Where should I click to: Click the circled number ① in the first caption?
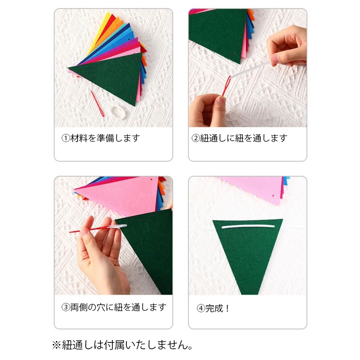point(66,138)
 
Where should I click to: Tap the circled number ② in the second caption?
point(196,138)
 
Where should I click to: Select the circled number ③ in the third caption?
point(66,307)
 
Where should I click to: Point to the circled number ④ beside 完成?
point(201,308)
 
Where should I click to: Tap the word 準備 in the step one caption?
point(105,138)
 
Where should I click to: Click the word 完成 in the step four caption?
point(214,308)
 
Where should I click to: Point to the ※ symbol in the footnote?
point(56,345)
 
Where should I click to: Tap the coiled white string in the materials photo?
point(118,112)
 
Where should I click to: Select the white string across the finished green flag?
point(248,227)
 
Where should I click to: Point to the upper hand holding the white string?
point(287,46)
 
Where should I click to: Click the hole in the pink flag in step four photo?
point(273,196)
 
